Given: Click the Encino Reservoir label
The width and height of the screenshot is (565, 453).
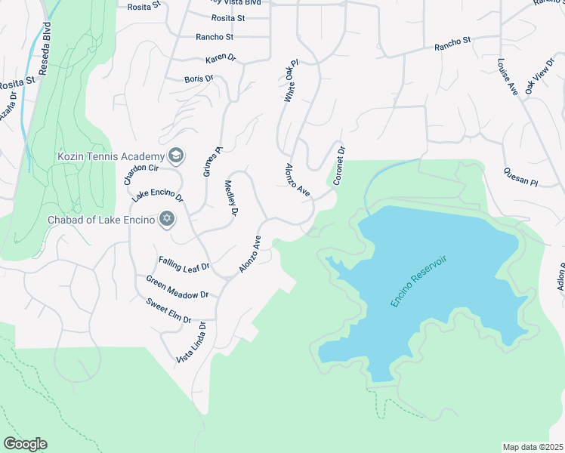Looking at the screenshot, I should (x=419, y=281).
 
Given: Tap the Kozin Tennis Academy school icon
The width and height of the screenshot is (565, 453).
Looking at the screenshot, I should (x=176, y=156).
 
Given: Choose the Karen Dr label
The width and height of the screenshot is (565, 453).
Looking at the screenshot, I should (x=221, y=60).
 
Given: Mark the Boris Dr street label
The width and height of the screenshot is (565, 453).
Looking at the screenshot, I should (x=199, y=79).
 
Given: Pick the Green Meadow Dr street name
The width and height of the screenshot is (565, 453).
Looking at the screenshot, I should (x=177, y=287).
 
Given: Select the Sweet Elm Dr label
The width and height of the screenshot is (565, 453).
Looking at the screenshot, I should (x=168, y=309).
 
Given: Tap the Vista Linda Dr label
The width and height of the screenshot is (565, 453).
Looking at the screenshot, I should (x=192, y=341).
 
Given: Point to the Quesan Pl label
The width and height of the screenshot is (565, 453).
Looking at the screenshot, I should (x=520, y=177).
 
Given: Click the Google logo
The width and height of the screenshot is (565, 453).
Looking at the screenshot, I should (x=25, y=444).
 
